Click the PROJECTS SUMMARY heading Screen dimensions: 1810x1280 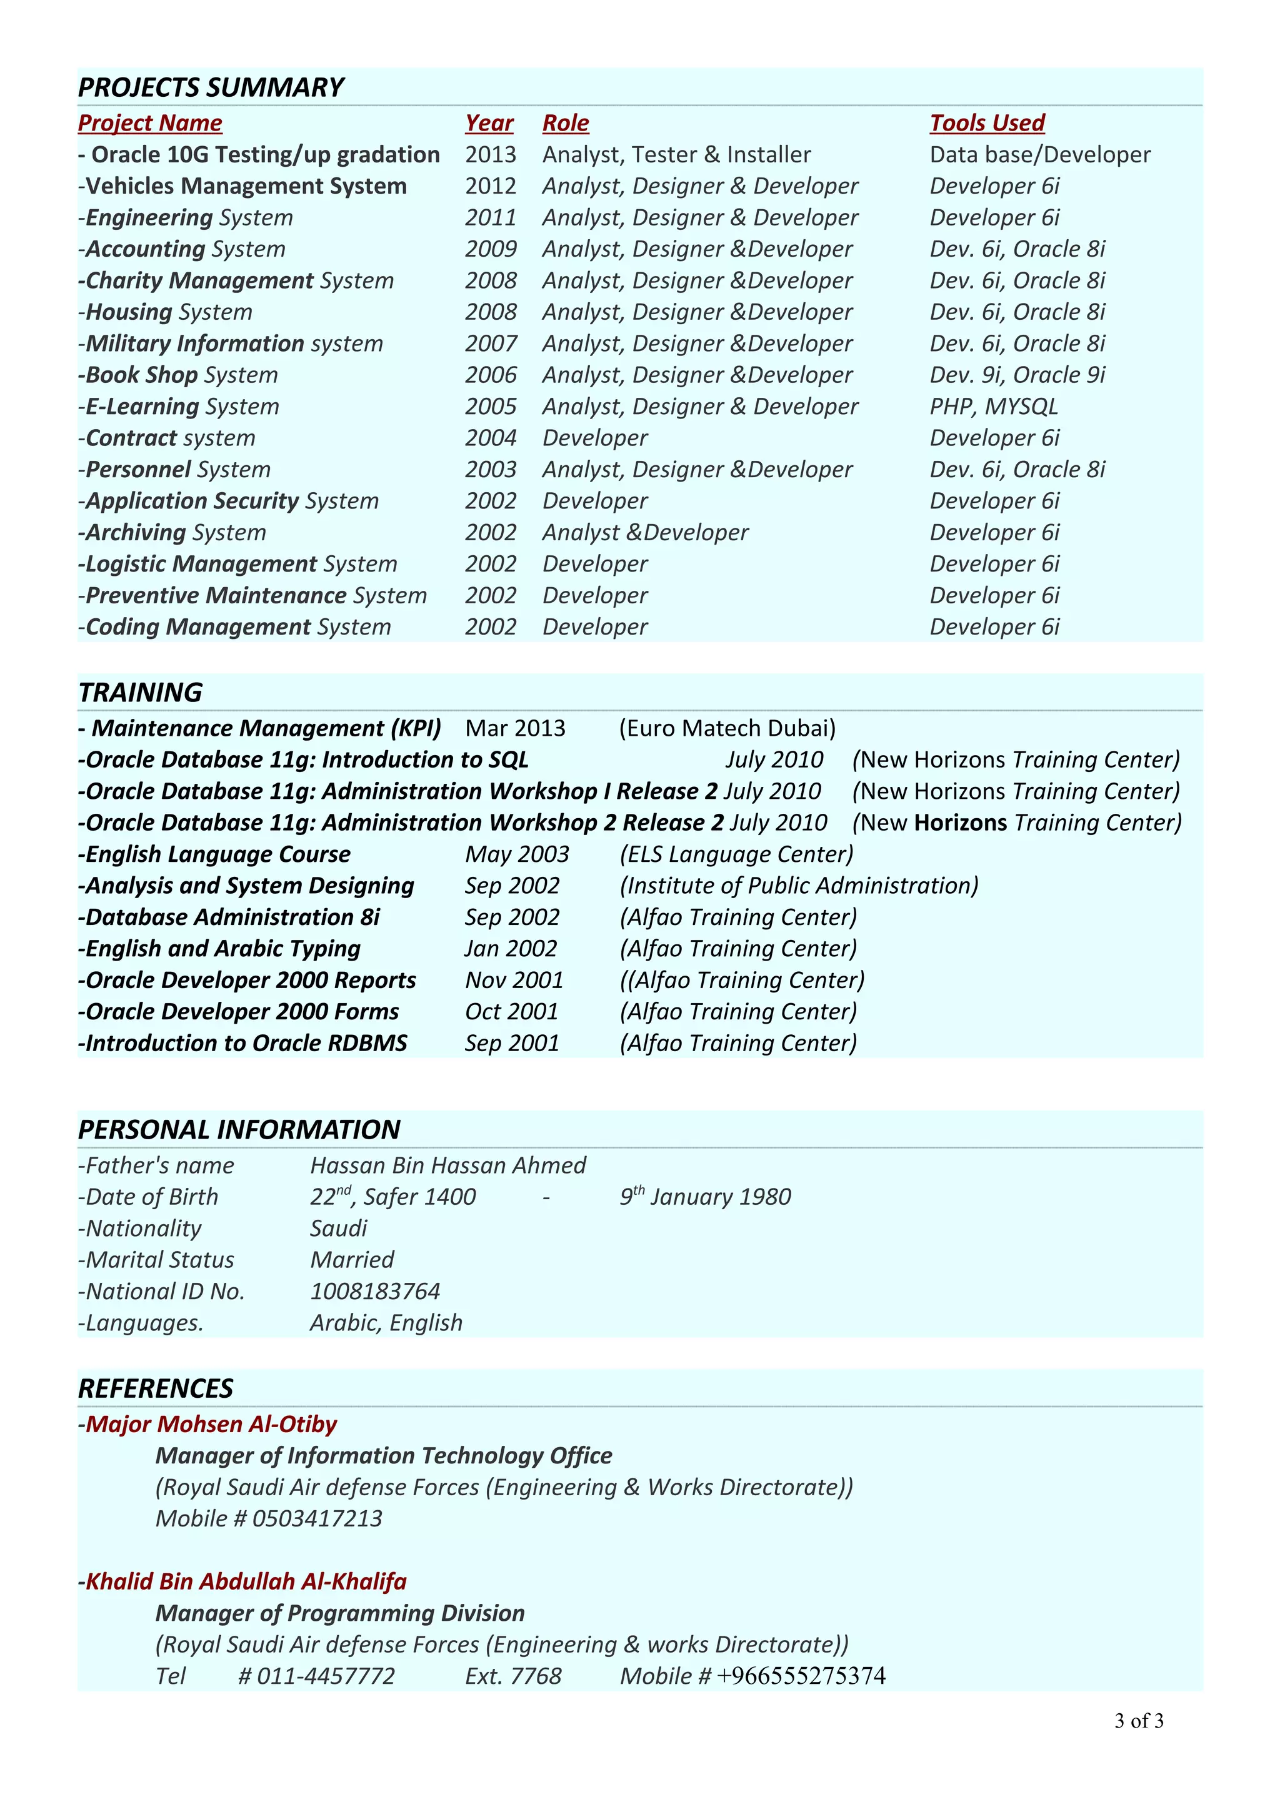(x=211, y=87)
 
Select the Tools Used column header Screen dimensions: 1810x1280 (x=987, y=123)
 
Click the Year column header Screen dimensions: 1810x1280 (x=489, y=123)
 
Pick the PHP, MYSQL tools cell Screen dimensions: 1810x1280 (x=993, y=407)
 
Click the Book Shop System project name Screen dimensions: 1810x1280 (x=178, y=375)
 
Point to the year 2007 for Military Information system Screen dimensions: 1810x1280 (x=491, y=344)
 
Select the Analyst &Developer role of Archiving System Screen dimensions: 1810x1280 (x=645, y=533)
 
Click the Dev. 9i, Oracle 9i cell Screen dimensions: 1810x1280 (x=1017, y=375)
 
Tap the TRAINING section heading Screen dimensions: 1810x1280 (x=141, y=692)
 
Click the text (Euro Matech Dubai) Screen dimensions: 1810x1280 (x=727, y=728)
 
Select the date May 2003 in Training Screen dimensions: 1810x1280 (x=517, y=854)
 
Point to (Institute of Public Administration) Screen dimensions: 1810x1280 (x=799, y=886)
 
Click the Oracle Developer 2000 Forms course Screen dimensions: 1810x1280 (x=239, y=1012)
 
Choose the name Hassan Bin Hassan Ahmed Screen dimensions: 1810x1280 (x=448, y=1166)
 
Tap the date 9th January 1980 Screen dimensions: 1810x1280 (x=705, y=1197)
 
